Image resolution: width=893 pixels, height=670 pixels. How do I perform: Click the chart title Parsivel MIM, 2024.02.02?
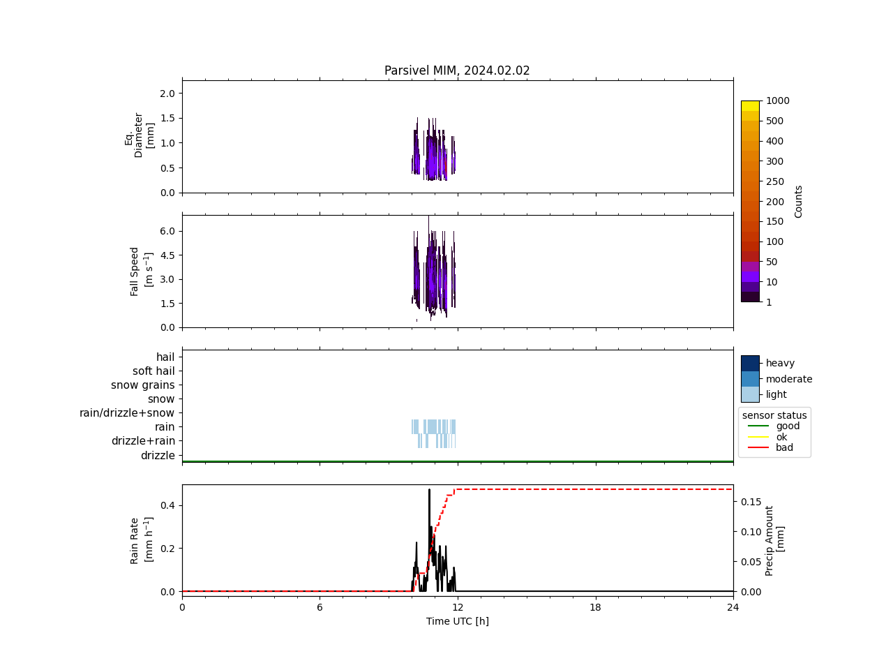click(457, 70)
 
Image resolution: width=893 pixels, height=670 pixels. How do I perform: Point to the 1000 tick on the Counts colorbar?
click(777, 100)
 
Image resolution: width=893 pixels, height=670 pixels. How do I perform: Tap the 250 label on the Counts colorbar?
click(774, 181)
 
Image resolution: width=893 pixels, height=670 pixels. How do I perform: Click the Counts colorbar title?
click(799, 201)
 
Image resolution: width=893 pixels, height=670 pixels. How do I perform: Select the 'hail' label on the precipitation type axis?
click(165, 357)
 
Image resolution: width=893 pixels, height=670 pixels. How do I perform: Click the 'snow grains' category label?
click(143, 385)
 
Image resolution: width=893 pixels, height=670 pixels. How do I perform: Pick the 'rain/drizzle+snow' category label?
click(127, 413)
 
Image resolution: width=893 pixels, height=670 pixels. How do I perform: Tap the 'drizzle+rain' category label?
click(143, 441)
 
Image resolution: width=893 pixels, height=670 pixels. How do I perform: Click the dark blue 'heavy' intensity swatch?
click(750, 363)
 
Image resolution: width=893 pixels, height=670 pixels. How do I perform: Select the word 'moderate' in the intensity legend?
click(789, 379)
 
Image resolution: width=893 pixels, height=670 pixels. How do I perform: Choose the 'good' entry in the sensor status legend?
click(788, 426)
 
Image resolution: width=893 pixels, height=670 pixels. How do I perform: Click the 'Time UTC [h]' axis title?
click(457, 621)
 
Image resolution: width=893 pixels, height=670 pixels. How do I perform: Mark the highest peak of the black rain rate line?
click(429, 490)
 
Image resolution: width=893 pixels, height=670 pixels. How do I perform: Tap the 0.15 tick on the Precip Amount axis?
click(751, 502)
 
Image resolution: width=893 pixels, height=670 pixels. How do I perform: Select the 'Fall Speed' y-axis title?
click(135, 271)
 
